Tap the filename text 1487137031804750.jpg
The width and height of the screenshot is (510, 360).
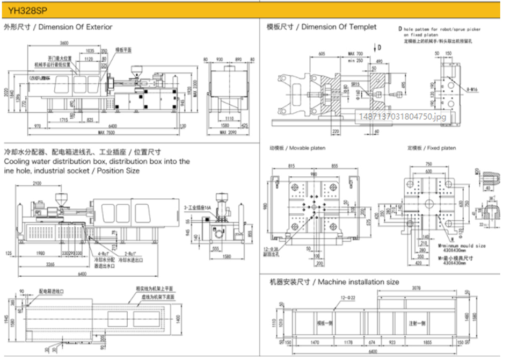(x=402, y=115)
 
